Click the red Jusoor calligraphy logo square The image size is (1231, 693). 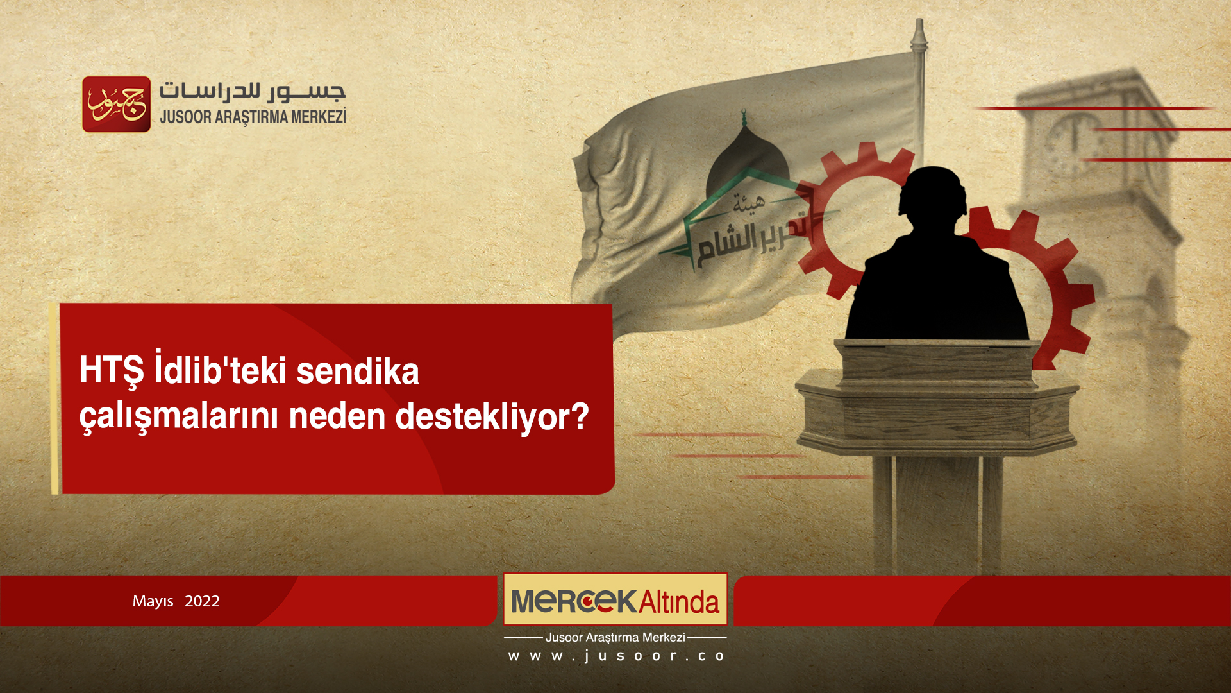(x=116, y=104)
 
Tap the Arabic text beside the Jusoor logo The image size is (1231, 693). (x=252, y=92)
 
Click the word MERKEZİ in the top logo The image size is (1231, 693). (x=318, y=117)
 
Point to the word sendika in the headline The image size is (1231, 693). (x=357, y=372)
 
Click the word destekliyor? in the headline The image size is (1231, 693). (x=492, y=416)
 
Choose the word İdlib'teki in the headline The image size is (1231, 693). (x=220, y=370)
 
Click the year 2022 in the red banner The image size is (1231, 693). (x=202, y=601)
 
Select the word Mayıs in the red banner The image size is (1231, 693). (x=153, y=601)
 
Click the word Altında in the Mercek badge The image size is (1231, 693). (x=678, y=602)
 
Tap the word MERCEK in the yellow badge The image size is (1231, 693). (x=573, y=601)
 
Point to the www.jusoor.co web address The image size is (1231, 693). (x=615, y=656)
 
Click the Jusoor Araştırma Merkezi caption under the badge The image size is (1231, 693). (x=615, y=637)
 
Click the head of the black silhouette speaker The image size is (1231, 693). (x=933, y=193)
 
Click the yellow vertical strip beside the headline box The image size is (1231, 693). (x=55, y=398)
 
